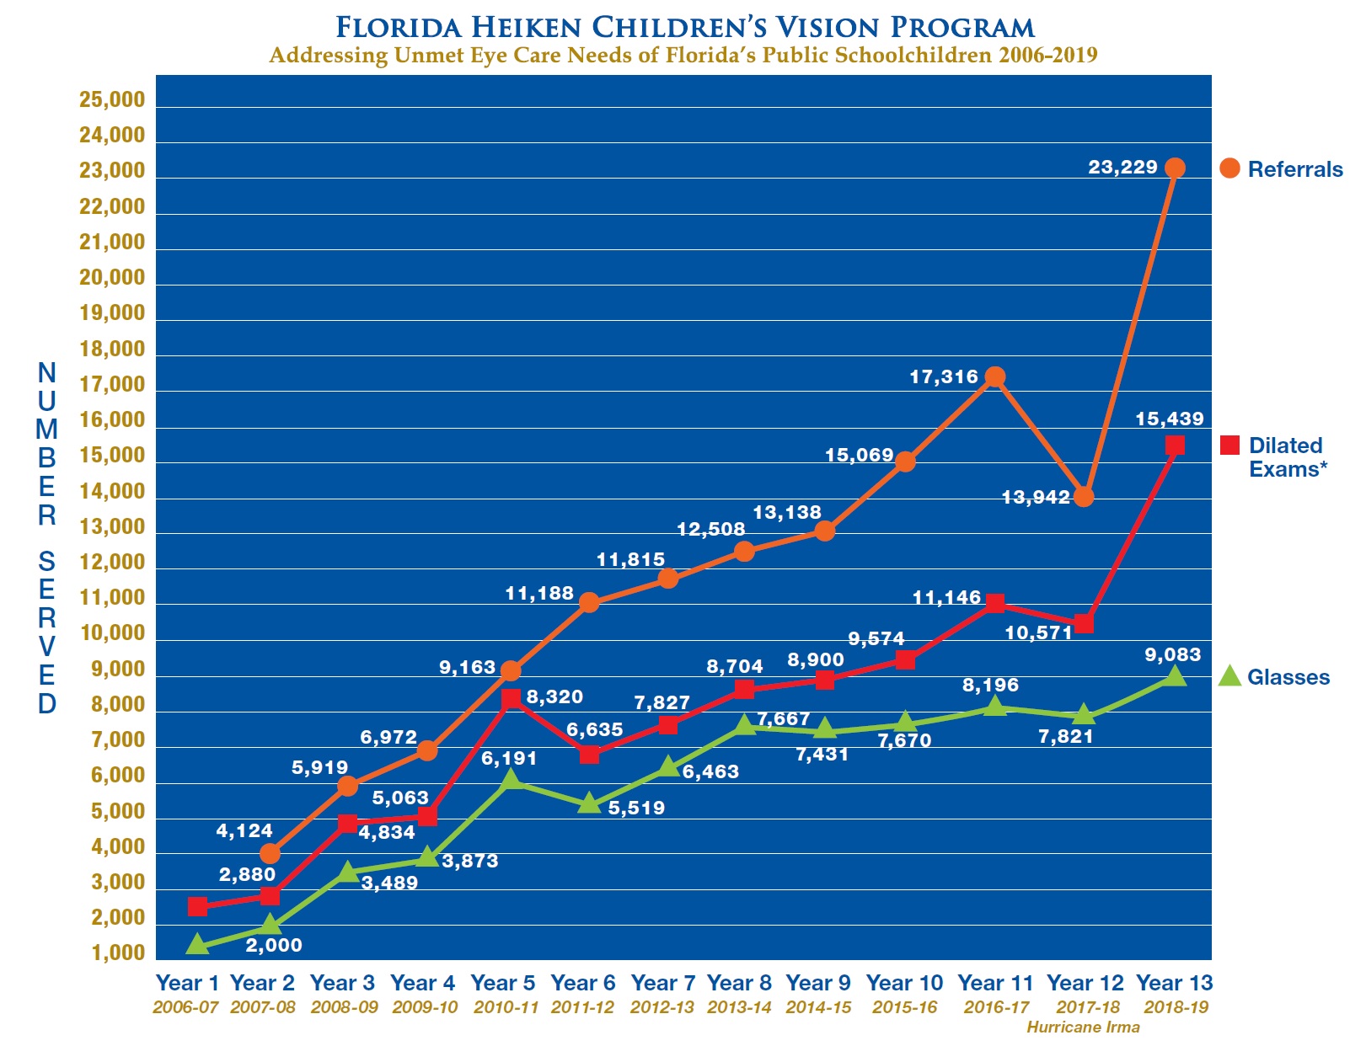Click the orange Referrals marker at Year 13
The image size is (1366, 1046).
point(1175,168)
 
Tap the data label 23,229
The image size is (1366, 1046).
point(1122,167)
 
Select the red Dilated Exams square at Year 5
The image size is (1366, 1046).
point(511,698)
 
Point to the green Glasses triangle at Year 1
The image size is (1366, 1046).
point(197,945)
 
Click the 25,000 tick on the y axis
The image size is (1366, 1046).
point(112,100)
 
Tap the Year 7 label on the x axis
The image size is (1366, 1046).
point(663,983)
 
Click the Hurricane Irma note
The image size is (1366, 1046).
point(1083,1027)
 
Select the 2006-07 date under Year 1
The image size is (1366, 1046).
point(185,1007)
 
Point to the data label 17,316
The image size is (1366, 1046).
point(944,376)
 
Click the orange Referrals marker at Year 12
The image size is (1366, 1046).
point(1084,497)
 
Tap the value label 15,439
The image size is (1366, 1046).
point(1169,419)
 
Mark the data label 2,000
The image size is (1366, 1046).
point(274,945)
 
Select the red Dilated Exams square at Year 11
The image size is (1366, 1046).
point(995,604)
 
